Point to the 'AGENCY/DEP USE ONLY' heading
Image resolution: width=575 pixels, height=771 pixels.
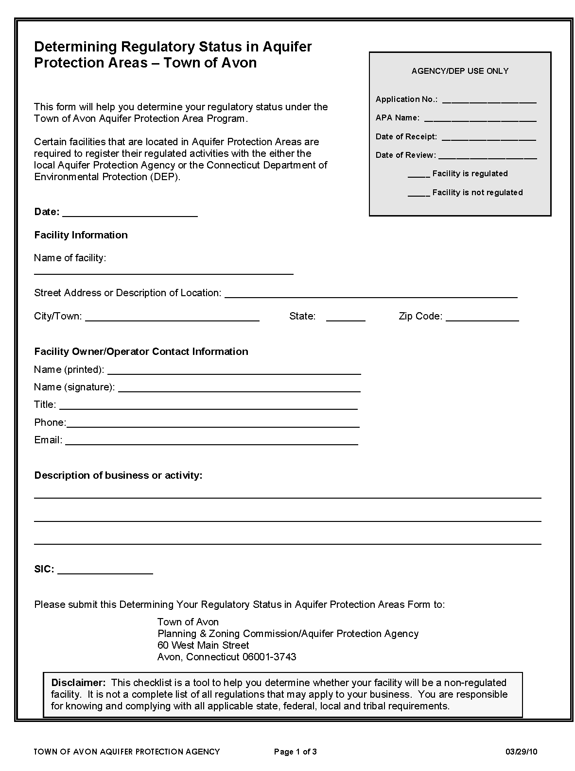[460, 71]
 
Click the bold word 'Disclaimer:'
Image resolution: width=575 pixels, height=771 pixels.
[78, 683]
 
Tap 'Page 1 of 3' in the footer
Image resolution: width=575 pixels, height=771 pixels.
[296, 752]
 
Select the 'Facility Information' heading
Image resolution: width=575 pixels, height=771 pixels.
[81, 235]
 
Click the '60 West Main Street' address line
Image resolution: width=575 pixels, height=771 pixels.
[203, 645]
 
